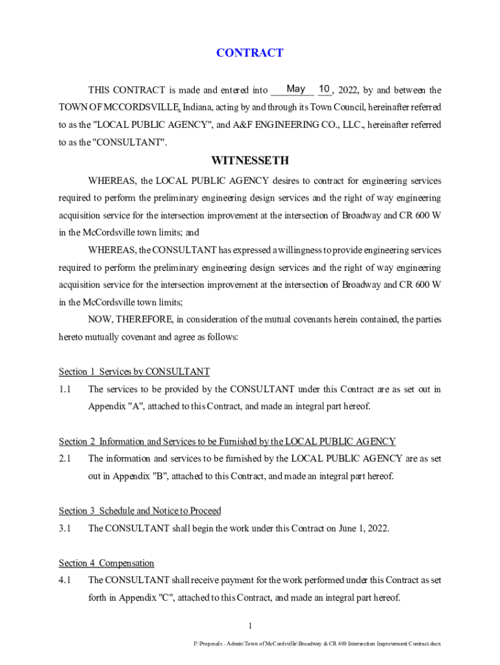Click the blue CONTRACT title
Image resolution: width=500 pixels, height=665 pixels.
point(249,53)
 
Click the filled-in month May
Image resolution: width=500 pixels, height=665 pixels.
point(296,88)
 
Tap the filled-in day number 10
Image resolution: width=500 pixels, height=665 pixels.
point(325,88)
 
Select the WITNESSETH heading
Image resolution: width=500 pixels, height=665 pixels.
point(249,160)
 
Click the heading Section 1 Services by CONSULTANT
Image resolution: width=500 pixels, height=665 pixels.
point(134,371)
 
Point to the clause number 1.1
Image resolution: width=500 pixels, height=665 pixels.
point(64,389)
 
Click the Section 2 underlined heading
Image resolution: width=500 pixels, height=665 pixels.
point(227,442)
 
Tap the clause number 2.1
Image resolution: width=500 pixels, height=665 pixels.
point(64,458)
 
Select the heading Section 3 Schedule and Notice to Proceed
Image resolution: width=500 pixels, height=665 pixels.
point(140,511)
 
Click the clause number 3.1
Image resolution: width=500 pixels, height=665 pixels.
point(64,528)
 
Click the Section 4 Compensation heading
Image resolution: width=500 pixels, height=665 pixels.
point(106,563)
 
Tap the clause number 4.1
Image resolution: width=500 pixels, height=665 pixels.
point(64,580)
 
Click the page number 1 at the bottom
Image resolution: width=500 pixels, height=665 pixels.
point(249,625)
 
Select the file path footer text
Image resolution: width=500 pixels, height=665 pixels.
point(317,644)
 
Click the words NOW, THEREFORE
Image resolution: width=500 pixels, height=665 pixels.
point(131,319)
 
